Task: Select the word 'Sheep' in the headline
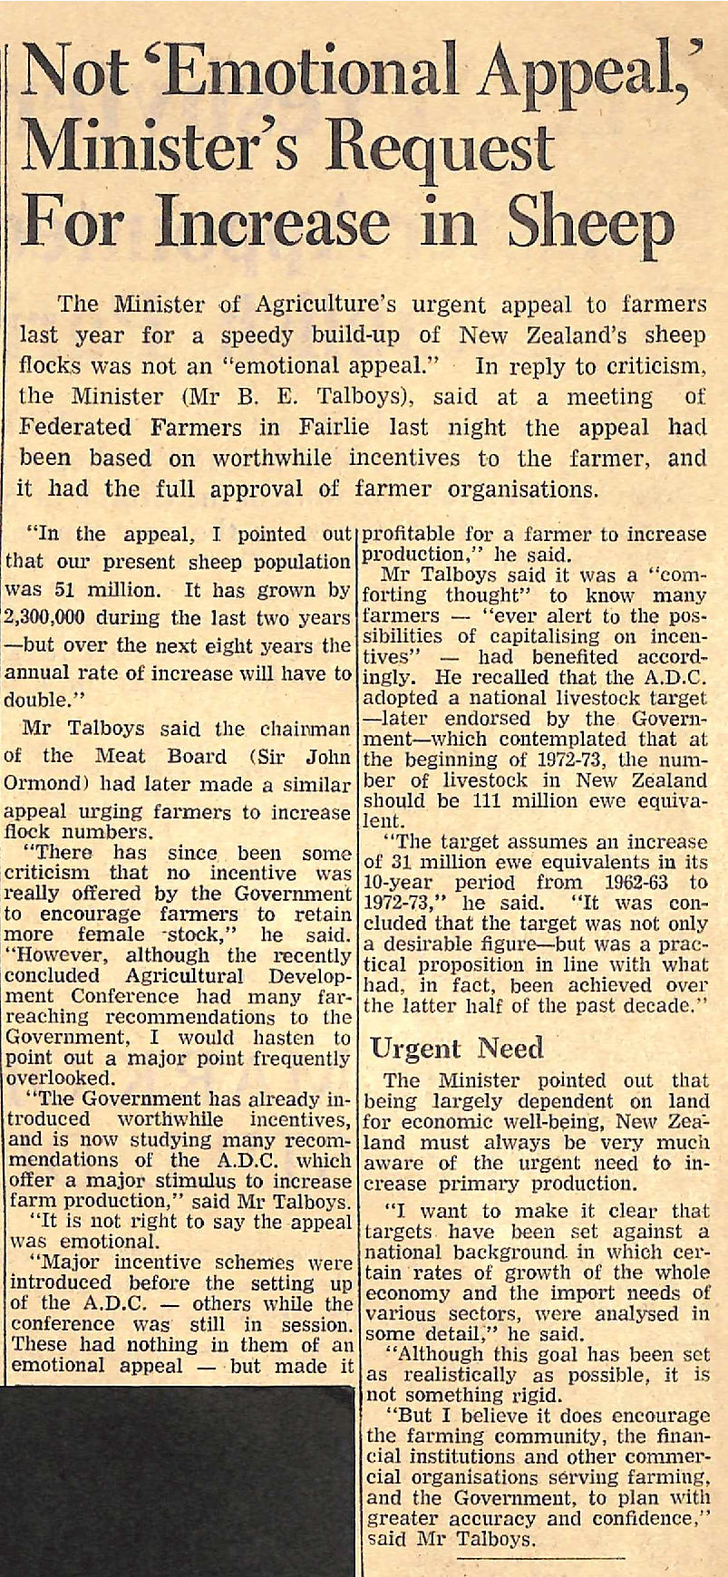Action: (588, 222)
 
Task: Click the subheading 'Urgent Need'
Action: (457, 1049)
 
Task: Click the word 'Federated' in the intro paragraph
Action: (76, 428)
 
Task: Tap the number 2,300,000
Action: (56, 618)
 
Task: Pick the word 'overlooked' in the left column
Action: (58, 1079)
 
